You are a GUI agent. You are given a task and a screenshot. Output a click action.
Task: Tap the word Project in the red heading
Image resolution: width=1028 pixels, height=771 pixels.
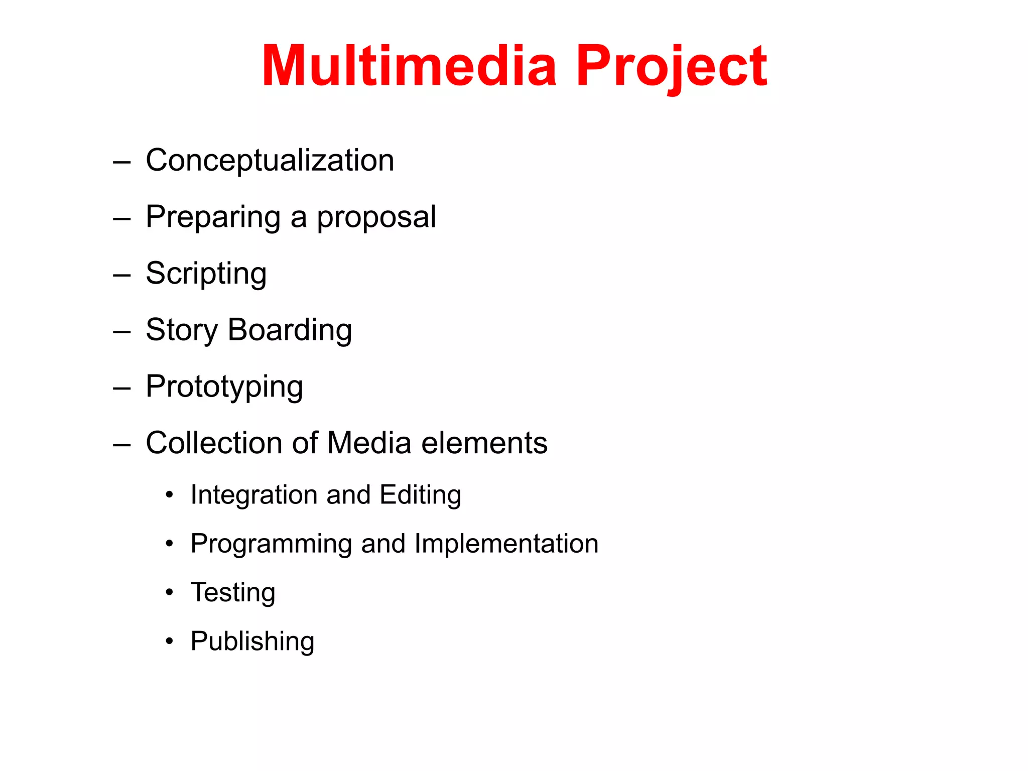671,67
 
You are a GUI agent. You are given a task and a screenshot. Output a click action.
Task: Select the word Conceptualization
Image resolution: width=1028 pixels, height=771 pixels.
270,161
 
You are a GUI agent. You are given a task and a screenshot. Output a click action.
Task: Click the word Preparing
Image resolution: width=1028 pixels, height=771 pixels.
213,217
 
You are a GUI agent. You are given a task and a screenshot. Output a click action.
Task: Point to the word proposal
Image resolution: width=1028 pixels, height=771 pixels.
376,217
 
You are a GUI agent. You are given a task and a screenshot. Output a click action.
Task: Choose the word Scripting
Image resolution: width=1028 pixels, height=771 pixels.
206,274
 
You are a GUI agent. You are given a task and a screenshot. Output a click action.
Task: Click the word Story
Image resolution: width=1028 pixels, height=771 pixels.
182,330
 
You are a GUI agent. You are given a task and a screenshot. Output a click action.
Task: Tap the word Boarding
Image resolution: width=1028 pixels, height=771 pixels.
290,330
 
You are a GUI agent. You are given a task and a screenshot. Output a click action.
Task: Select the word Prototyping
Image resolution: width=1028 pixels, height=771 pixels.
224,387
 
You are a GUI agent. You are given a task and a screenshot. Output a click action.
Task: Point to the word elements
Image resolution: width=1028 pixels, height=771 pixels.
484,443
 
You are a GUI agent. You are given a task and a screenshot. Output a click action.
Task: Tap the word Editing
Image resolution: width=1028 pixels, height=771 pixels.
420,495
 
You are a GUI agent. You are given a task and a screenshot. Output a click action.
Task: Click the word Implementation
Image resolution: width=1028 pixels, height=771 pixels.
506,544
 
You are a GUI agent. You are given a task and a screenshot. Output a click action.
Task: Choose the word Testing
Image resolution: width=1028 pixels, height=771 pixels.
233,593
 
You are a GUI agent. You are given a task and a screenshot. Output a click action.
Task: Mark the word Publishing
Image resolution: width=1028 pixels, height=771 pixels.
252,641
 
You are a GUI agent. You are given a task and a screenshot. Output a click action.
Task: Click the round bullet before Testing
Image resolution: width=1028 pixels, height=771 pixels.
170,593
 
